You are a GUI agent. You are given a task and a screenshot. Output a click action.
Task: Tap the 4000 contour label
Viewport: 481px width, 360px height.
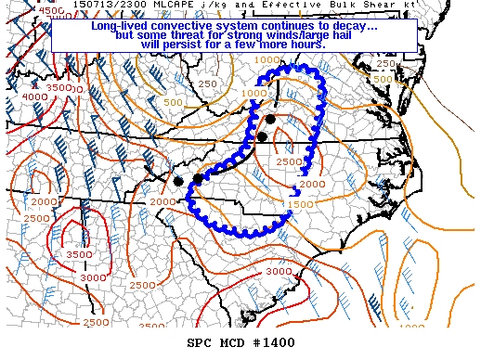33,96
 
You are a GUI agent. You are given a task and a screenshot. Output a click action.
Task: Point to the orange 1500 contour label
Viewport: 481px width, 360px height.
299,204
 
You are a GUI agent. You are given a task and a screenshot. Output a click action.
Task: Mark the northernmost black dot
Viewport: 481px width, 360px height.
270,119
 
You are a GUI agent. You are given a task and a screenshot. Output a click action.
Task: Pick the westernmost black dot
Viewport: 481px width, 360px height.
178,180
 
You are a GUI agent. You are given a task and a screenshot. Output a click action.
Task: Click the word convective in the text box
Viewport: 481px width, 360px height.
187,26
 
